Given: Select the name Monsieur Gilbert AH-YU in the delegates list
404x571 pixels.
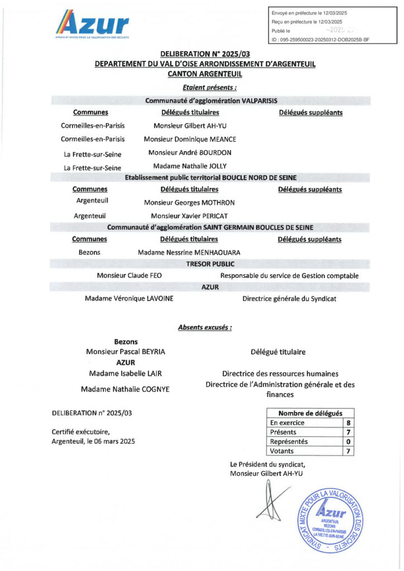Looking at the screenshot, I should pyautogui.click(x=190, y=126).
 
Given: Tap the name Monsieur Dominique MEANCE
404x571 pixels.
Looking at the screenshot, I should pyautogui.click(x=190, y=139).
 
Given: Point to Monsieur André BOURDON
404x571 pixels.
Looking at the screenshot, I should pyautogui.click(x=190, y=152).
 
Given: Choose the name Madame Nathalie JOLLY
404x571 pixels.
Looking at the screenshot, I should pyautogui.click(x=190, y=166).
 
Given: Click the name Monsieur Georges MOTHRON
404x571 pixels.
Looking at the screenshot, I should pyautogui.click(x=189, y=203).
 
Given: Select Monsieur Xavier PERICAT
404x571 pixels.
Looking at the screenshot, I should pyautogui.click(x=189, y=216).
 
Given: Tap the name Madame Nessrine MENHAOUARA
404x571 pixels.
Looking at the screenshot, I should pyautogui.click(x=189, y=253).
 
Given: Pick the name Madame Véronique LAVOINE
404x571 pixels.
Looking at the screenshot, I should pyautogui.click(x=129, y=298).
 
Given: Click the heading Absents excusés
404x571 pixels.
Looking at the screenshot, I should pyautogui.click(x=205, y=328).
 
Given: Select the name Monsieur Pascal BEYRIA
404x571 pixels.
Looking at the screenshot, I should pyautogui.click(x=126, y=352).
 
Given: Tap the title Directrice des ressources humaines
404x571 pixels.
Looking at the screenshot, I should pyautogui.click(x=280, y=374).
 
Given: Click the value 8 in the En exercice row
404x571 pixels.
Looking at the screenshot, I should pyautogui.click(x=348, y=423).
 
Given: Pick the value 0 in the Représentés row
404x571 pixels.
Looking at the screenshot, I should pyautogui.click(x=348, y=442).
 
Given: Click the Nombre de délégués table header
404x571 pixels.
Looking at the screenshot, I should pyautogui.click(x=310, y=413).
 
